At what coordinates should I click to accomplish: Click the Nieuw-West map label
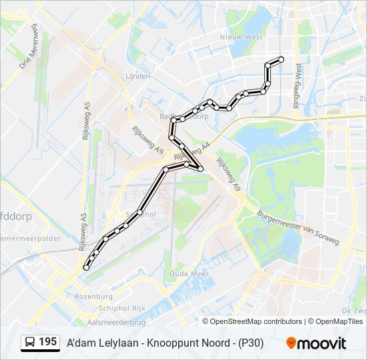pos(243,37)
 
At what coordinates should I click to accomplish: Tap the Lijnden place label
pos(137,77)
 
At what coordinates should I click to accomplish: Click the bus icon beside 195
pos(30,343)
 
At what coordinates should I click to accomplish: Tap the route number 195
pos(47,342)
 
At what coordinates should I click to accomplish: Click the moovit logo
pos(316,343)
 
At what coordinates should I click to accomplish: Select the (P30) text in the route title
pos(249,343)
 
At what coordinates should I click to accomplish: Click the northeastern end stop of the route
pos(281,59)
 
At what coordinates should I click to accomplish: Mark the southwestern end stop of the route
pos(85,267)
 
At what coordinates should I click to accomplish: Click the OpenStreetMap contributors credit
pos(256,321)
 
